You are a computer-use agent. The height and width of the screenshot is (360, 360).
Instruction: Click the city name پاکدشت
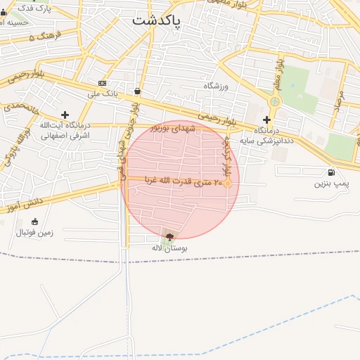click(156, 21)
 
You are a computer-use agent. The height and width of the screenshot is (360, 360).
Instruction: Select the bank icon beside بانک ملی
click(102, 83)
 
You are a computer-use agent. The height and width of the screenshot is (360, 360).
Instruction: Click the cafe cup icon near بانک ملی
click(136, 91)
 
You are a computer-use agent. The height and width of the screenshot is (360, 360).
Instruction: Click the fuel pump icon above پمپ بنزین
click(330, 172)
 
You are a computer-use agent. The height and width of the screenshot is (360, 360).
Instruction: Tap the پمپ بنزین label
click(330, 184)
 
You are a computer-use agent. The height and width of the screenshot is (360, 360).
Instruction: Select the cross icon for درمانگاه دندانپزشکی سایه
click(266, 120)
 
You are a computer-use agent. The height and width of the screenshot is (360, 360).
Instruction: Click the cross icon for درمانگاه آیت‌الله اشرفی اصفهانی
click(65, 114)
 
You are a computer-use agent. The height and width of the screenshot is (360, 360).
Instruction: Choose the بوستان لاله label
click(169, 248)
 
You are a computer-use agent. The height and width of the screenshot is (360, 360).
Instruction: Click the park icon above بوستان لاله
click(169, 237)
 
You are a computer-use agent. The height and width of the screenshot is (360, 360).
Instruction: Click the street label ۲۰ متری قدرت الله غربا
click(184, 180)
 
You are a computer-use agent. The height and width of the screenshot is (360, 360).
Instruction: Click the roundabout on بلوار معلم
click(274, 102)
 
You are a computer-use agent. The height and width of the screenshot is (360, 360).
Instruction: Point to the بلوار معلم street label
click(280, 75)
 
